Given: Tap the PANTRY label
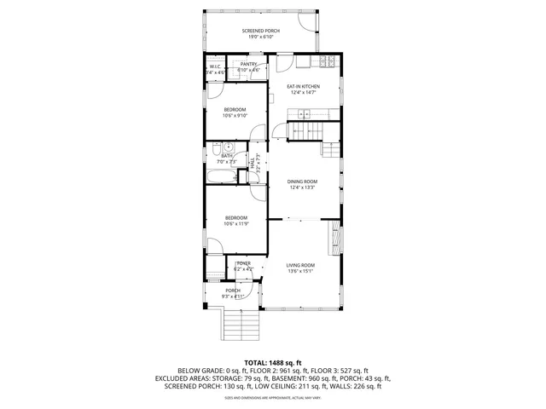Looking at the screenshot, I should coord(248,64).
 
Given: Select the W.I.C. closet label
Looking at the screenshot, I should coord(215,68).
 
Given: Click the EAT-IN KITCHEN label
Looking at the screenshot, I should coord(303,87).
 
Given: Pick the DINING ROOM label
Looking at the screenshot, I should coord(302,181).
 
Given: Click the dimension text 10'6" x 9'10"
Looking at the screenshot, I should coord(235,116).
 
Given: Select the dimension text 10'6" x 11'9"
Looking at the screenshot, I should coord(236,224).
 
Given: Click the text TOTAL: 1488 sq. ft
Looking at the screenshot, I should coord(273,362).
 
